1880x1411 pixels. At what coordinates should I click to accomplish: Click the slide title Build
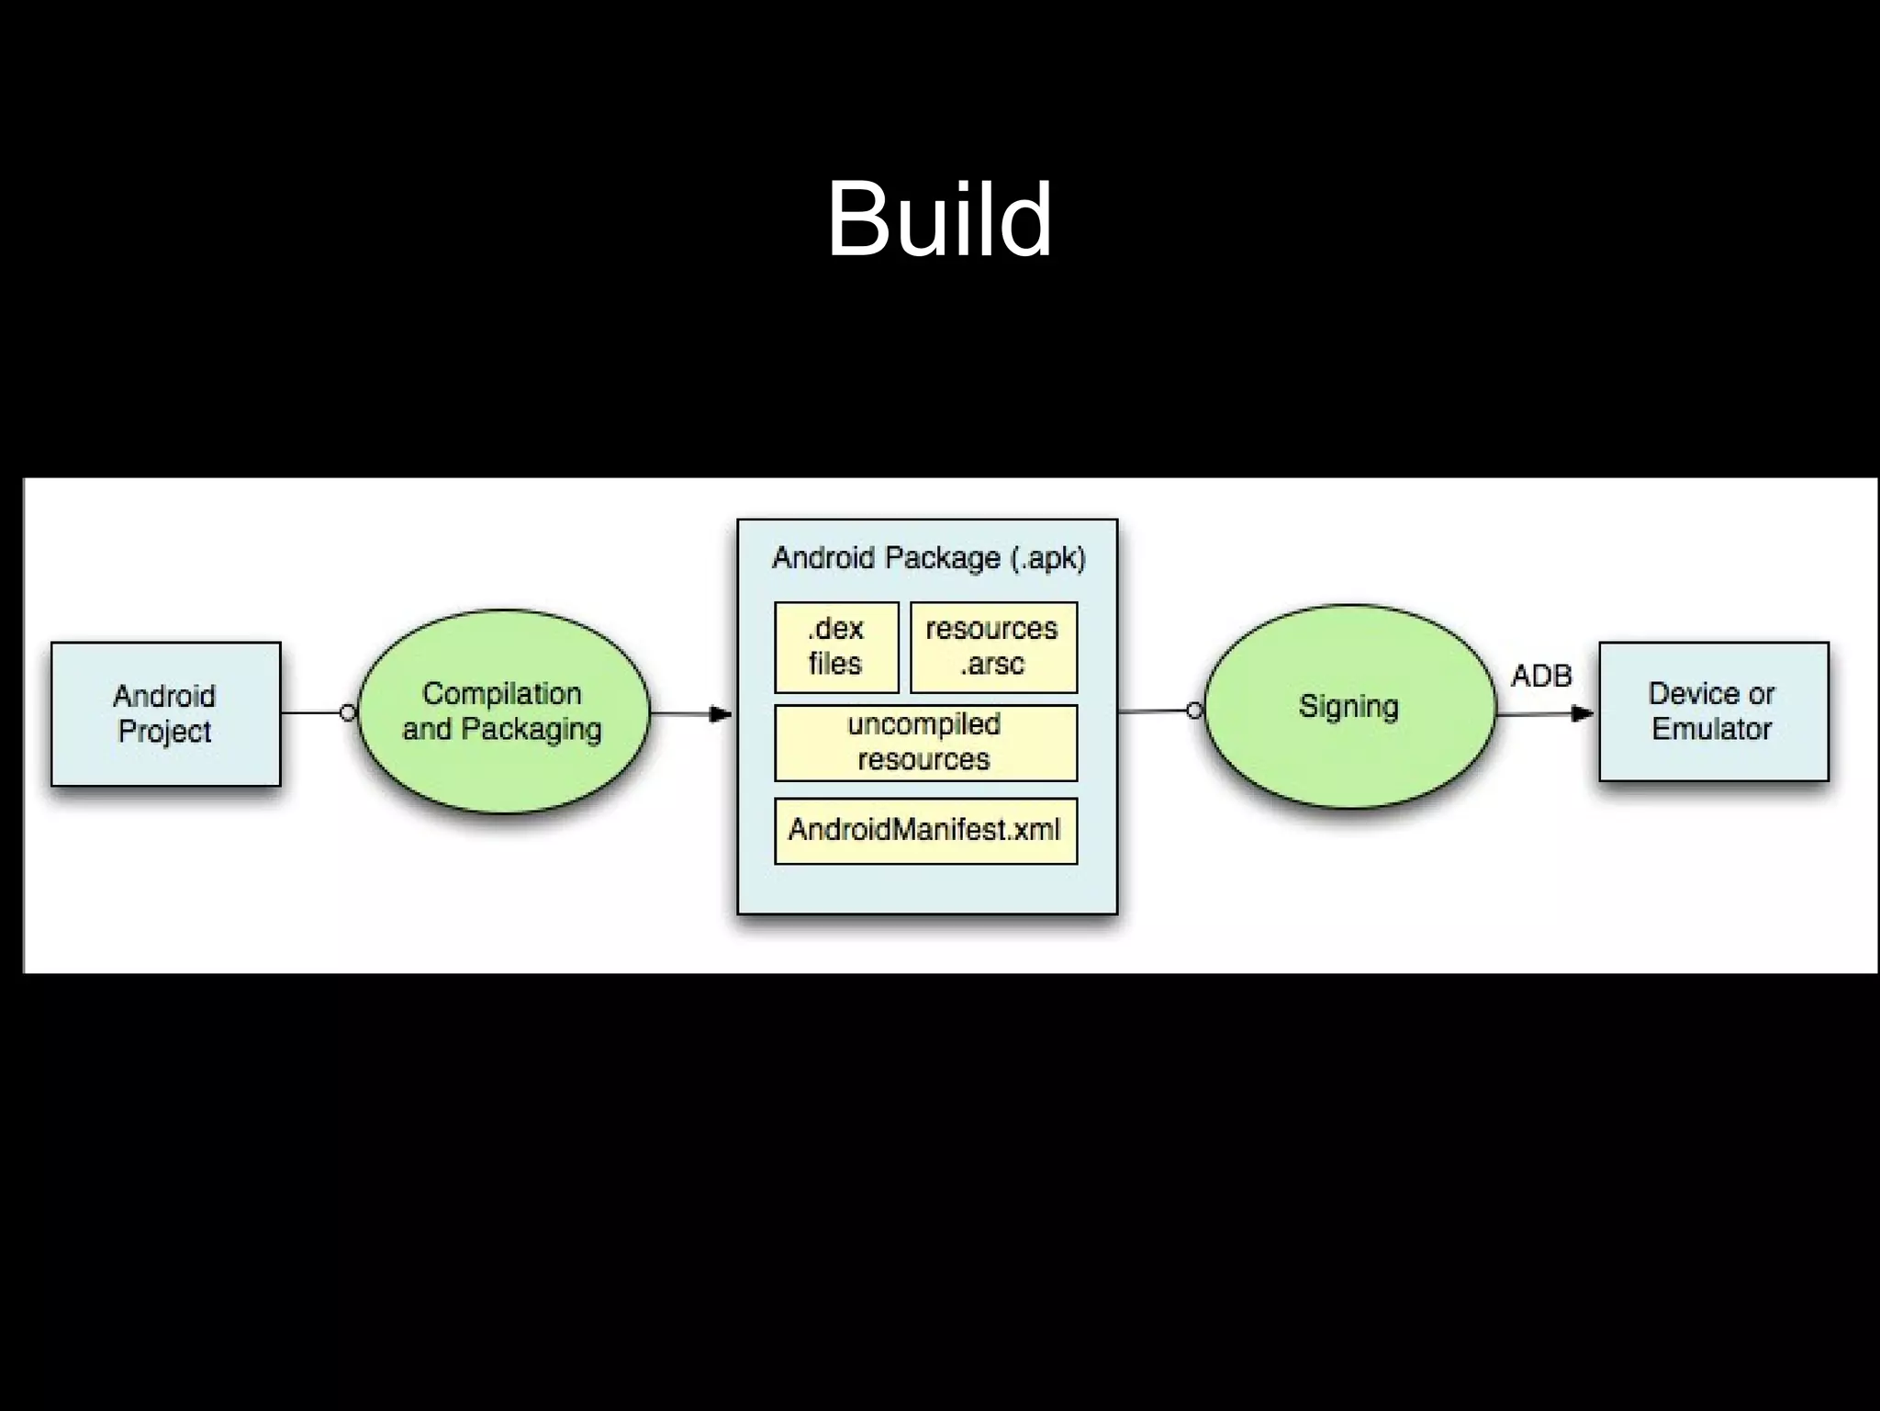[x=939, y=219]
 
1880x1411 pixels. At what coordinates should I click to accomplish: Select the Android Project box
[x=165, y=713]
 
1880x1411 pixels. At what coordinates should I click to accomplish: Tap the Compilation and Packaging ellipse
[x=503, y=711]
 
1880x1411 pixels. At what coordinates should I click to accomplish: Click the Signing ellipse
[x=1348, y=706]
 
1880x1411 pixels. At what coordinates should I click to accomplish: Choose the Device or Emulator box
[x=1713, y=711]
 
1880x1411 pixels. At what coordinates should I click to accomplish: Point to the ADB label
[x=1541, y=676]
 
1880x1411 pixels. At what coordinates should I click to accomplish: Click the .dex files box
[x=835, y=646]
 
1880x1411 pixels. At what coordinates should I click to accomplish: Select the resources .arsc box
[x=992, y=646]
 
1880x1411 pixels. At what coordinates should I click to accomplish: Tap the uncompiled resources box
[x=924, y=742]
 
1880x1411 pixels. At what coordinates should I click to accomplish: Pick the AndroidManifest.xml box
[x=924, y=830]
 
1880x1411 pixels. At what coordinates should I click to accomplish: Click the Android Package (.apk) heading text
[x=928, y=557]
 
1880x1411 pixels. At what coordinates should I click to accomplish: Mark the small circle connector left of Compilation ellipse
[x=347, y=712]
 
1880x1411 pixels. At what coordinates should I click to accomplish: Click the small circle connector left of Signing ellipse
[x=1193, y=711]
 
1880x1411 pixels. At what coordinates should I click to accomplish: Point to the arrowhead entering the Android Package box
[x=722, y=713]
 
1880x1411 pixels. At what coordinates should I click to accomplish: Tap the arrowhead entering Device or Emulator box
[x=1582, y=713]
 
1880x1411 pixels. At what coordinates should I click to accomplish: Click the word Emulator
[x=1712, y=729]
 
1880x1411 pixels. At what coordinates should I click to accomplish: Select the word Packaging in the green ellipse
[x=532, y=730]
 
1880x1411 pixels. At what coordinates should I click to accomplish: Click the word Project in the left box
[x=165, y=732]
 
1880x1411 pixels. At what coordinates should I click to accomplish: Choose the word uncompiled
[x=923, y=724]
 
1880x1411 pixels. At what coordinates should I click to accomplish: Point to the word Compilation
[x=501, y=693]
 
